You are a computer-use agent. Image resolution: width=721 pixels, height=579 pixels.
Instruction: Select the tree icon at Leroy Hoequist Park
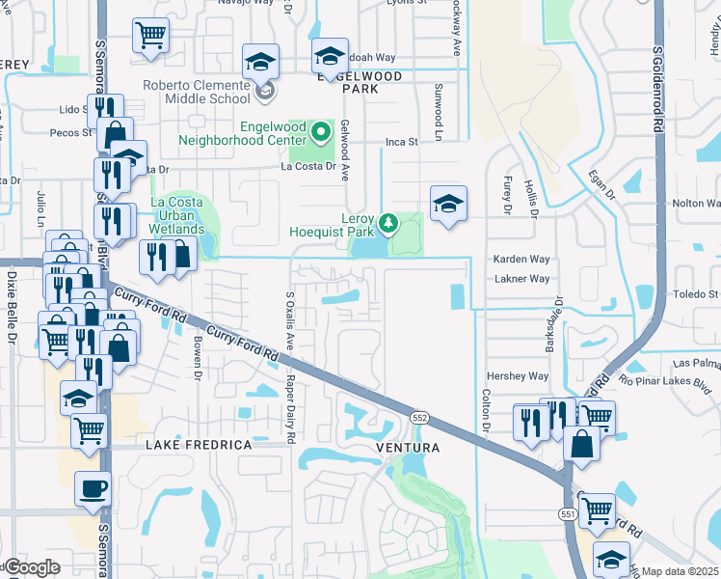point(388,224)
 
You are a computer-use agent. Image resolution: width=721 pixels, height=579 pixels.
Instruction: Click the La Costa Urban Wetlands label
point(176,216)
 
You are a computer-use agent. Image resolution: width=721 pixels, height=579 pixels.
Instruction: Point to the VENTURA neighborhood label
point(408,448)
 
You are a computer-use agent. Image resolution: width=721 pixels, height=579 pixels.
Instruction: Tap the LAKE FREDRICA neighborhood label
point(199,445)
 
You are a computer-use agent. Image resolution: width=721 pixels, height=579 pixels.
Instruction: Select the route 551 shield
point(567,515)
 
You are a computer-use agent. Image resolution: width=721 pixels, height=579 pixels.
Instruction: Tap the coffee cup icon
point(93,488)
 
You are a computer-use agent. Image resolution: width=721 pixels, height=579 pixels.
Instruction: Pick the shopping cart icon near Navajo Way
point(150,35)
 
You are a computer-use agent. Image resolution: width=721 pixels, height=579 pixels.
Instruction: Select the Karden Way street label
point(521,260)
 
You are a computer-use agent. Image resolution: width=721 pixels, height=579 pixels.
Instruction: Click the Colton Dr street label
point(486,410)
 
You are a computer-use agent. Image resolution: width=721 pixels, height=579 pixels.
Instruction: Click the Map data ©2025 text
point(681,571)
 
